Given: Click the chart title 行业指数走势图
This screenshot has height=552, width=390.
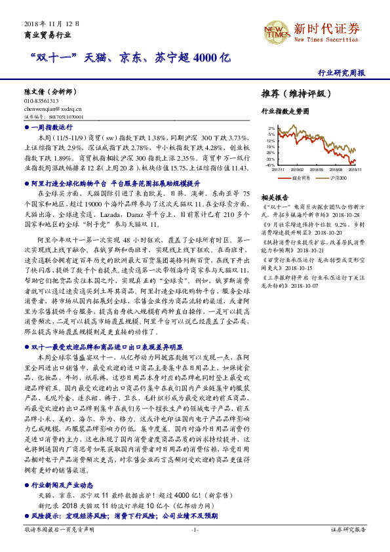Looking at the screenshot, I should click(284, 112).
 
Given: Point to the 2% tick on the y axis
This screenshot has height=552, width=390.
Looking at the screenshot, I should click(271, 128).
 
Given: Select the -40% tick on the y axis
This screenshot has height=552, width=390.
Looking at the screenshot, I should click(269, 165).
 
